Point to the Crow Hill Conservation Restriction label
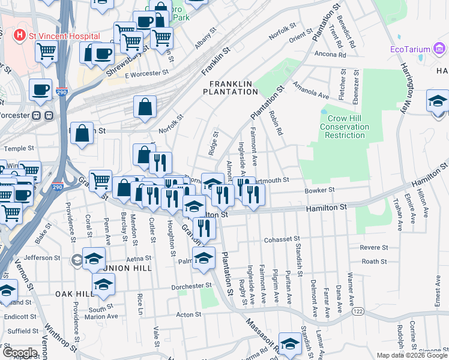(x=344, y=123)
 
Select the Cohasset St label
(x=285, y=240)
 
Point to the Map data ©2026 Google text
(x=412, y=355)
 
